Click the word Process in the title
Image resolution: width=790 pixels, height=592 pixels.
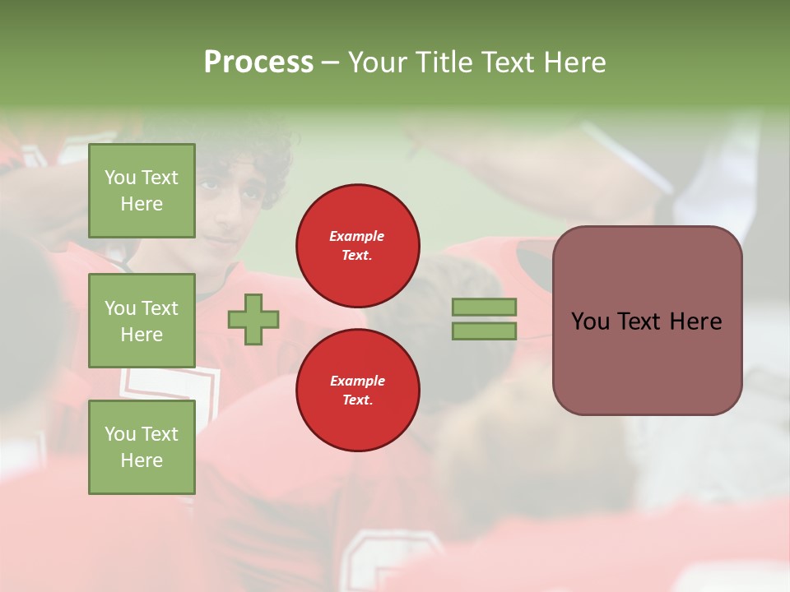pos(258,62)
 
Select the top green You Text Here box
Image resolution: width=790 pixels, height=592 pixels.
pos(142,191)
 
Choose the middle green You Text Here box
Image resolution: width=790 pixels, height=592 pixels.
pos(142,321)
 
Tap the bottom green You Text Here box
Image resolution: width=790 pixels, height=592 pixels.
pos(142,447)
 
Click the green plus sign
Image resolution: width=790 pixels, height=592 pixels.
pos(253,319)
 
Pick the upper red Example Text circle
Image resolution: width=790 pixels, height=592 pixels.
pos(357,246)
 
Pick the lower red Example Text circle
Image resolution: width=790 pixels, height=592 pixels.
pos(357,391)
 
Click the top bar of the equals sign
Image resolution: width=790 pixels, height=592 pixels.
pos(484,308)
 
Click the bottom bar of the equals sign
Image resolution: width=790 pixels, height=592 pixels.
pos(484,331)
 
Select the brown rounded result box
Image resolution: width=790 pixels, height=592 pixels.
pos(647,321)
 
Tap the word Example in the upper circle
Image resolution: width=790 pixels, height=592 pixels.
pos(357,237)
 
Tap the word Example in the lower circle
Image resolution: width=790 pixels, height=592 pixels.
pos(357,382)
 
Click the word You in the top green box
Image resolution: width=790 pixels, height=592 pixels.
pos(121,178)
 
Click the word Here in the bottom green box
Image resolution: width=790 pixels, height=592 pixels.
pos(142,460)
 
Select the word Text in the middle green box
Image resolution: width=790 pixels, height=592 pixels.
pos(160,308)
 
